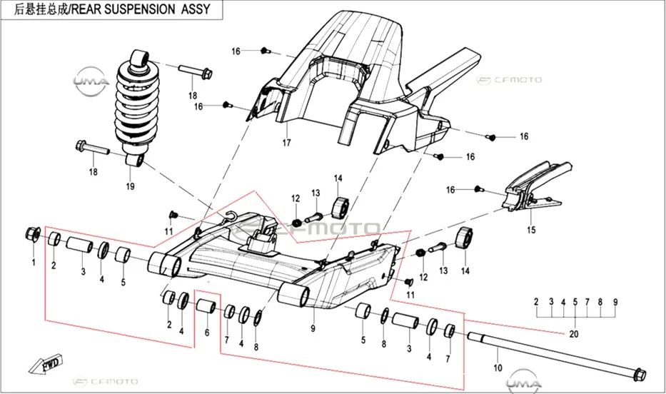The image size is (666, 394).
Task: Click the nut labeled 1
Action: [x=33, y=233]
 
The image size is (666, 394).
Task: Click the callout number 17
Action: [x=287, y=143]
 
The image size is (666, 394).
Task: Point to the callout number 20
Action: [x=574, y=334]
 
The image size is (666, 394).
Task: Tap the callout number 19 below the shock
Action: [x=130, y=186]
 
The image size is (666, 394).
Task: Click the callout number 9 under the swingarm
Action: [x=313, y=328]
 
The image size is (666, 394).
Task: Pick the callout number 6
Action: [x=207, y=333]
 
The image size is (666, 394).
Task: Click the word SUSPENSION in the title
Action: [x=140, y=9]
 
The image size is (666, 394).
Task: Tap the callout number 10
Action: [x=498, y=368]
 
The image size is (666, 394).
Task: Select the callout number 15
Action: [x=531, y=230]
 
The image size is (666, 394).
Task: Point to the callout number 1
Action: [x=34, y=263]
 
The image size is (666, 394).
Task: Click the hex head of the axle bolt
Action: [x=640, y=375]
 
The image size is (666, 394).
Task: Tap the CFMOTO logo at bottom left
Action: [x=106, y=382]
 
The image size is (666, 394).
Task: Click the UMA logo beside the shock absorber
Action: [x=90, y=80]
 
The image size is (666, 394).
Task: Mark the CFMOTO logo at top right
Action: [x=509, y=80]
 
